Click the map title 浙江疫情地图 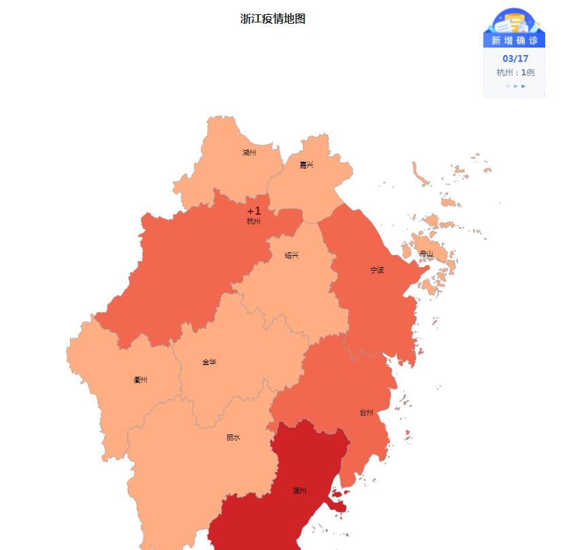click(x=273, y=19)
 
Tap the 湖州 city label click(x=249, y=153)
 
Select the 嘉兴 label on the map click(x=307, y=165)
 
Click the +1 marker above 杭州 click(x=254, y=211)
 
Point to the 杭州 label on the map click(x=254, y=222)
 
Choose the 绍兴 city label click(x=292, y=256)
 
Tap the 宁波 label click(x=377, y=270)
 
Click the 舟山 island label click(x=426, y=254)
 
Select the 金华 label click(x=209, y=362)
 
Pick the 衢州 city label click(x=141, y=380)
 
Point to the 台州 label click(x=366, y=413)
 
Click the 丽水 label click(x=233, y=438)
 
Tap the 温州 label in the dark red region click(x=300, y=491)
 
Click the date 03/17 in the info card click(x=515, y=58)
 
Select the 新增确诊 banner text click(x=515, y=41)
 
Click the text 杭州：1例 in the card click(x=515, y=73)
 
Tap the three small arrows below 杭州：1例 click(x=515, y=86)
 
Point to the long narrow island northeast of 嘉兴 click(x=420, y=174)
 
